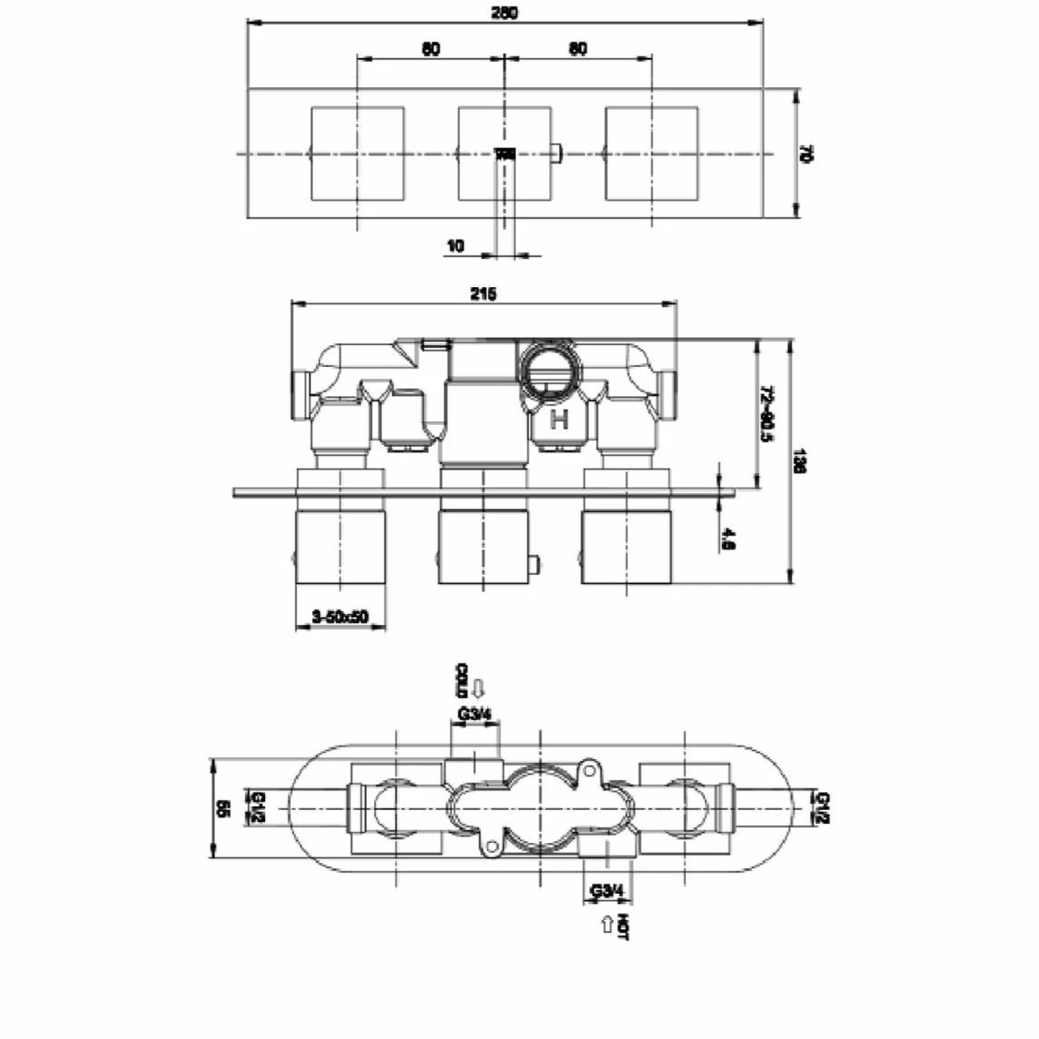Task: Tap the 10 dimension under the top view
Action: pyautogui.click(x=455, y=245)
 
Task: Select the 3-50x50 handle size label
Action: pyautogui.click(x=340, y=617)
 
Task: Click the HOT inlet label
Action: pyautogui.click(x=622, y=927)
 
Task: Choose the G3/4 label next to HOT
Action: pyautogui.click(x=607, y=891)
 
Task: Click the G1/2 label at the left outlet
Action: pyautogui.click(x=259, y=806)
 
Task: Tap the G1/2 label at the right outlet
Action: pyautogui.click(x=824, y=806)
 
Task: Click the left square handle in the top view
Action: pyautogui.click(x=357, y=153)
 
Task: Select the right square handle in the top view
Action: pyautogui.click(x=651, y=153)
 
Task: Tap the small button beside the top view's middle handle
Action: pyautogui.click(x=557, y=153)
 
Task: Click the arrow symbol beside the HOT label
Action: pyautogui.click(x=606, y=925)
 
